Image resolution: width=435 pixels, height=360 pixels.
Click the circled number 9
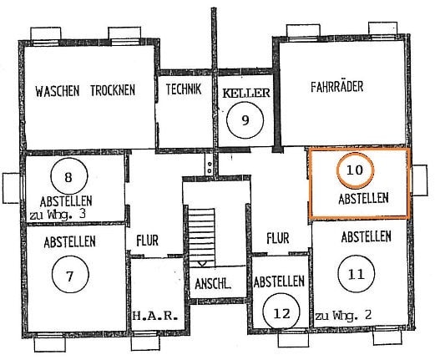click(x=245, y=120)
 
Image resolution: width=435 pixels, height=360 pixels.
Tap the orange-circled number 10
click(x=355, y=170)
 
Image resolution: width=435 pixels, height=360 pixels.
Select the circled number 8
click(x=68, y=176)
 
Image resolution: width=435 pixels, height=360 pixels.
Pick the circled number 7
click(x=70, y=275)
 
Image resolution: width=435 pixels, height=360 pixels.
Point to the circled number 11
click(x=356, y=274)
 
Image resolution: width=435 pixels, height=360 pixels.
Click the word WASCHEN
click(x=58, y=91)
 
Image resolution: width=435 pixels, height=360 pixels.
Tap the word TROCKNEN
click(x=113, y=90)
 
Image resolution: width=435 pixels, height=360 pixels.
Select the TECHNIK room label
click(x=184, y=89)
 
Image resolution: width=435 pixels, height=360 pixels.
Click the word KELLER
click(x=246, y=93)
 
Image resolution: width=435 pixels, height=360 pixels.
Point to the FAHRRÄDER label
click(x=337, y=86)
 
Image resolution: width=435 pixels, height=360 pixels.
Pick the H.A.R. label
click(x=154, y=316)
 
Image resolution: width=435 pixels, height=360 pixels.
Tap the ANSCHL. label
click(x=213, y=284)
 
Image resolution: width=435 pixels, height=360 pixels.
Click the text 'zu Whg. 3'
click(x=58, y=215)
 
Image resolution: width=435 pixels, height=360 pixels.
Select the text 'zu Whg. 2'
click(x=343, y=316)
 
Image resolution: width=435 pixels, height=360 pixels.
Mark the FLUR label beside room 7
click(x=148, y=241)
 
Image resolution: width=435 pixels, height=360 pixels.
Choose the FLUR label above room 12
click(x=278, y=239)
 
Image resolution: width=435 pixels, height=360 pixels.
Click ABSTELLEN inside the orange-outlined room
click(x=363, y=199)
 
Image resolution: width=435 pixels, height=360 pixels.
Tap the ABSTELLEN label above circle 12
click(x=279, y=281)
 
